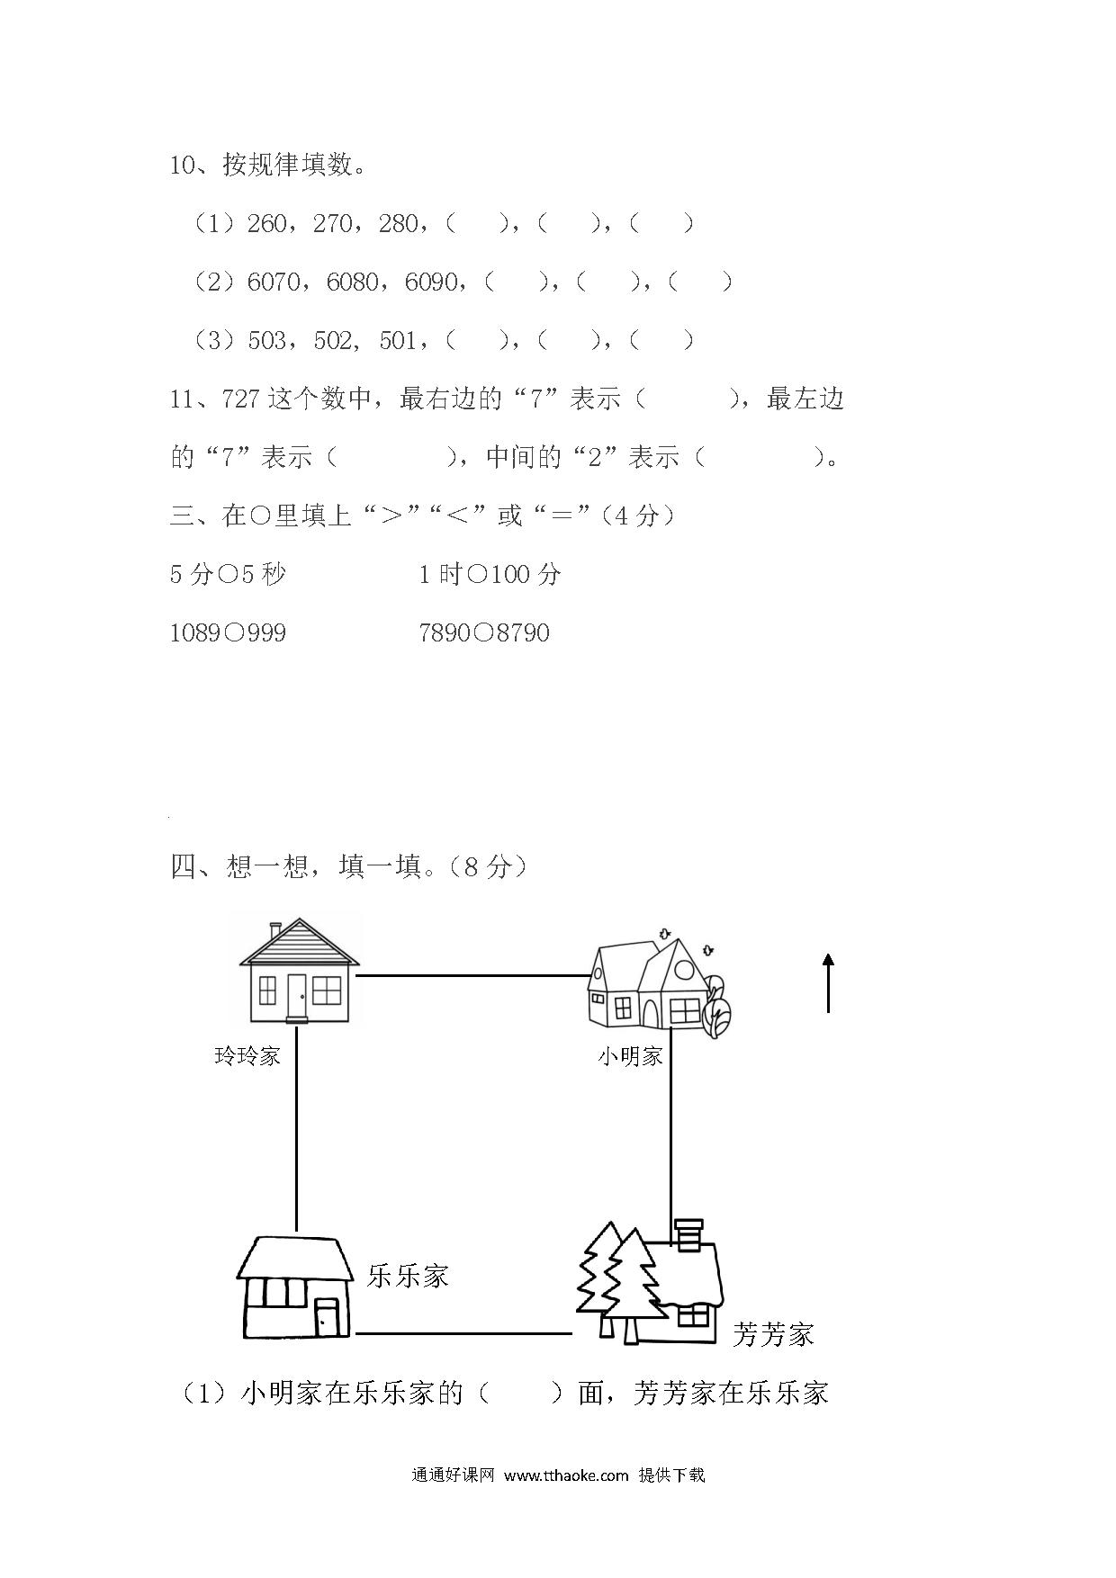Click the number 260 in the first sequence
(266, 223)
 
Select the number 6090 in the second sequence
(431, 282)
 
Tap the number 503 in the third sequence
(266, 340)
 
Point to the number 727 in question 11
(241, 399)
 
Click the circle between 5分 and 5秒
(228, 574)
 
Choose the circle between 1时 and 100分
(478, 574)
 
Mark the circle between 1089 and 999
(233, 633)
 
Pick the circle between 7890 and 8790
(483, 633)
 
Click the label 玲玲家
(247, 1055)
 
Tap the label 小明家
(630, 1056)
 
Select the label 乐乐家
(408, 1276)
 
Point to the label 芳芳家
(773, 1333)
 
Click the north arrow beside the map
(828, 983)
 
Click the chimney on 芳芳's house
(689, 1233)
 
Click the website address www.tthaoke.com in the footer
(565, 1475)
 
